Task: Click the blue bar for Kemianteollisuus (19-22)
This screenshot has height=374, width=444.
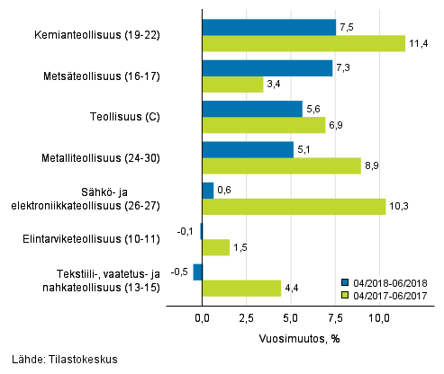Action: tap(268, 27)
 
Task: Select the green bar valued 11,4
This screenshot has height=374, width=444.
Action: tap(304, 43)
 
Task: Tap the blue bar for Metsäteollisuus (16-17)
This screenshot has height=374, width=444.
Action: tap(267, 67)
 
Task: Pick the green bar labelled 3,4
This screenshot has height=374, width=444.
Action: tap(232, 85)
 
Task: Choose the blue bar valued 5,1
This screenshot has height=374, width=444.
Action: tap(248, 149)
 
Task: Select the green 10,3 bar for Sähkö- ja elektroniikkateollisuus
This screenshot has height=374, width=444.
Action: tap(294, 207)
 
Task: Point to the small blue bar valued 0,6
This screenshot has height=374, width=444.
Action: tap(208, 190)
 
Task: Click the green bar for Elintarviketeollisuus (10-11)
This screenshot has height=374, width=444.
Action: tap(216, 247)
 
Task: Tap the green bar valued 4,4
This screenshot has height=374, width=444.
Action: tap(241, 288)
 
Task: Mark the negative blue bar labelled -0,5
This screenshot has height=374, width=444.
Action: tap(198, 272)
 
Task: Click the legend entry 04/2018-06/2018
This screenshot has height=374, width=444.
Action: tap(388, 281)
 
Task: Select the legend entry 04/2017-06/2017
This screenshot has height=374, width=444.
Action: tap(388, 294)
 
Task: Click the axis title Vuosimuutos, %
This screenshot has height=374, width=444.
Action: tap(290, 340)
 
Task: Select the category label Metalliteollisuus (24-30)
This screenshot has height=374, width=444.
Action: tap(106, 157)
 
